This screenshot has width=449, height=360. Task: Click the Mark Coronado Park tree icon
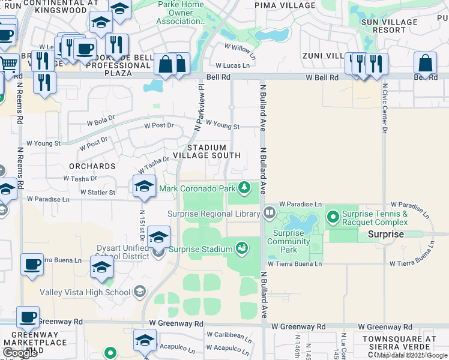(244, 188)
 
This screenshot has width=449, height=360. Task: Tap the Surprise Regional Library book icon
(270, 212)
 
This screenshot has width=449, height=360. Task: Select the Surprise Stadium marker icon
(242, 248)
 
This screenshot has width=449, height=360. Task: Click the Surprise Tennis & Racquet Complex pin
(333, 215)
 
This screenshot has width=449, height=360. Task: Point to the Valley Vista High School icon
(140, 292)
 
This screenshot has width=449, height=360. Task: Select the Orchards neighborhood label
(92, 166)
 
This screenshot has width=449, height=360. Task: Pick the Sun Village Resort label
(393, 25)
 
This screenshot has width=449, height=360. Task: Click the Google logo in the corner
(19, 352)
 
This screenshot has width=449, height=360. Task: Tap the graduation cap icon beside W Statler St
(145, 186)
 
